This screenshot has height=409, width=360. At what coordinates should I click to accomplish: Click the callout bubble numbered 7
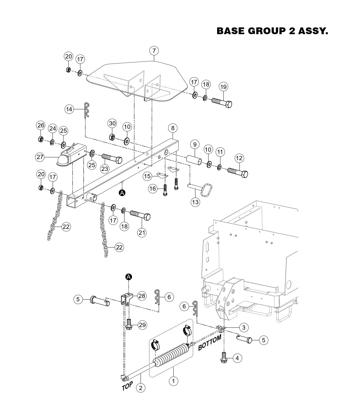154,51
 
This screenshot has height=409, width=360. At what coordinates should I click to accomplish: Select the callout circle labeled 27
40,157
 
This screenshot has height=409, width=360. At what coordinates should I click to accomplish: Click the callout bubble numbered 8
173,128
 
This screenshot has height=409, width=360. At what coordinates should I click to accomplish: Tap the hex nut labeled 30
112,137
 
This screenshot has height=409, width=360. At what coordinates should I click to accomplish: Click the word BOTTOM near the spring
210,343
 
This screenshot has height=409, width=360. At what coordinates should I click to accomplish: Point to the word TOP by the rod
127,386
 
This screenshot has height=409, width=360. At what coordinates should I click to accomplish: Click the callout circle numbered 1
174,381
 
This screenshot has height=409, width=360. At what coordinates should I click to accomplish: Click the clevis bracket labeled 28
126,299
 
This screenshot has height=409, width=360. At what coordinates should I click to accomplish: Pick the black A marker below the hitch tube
122,193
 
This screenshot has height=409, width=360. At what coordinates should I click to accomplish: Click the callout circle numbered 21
142,232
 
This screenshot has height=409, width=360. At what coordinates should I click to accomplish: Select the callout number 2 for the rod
140,388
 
